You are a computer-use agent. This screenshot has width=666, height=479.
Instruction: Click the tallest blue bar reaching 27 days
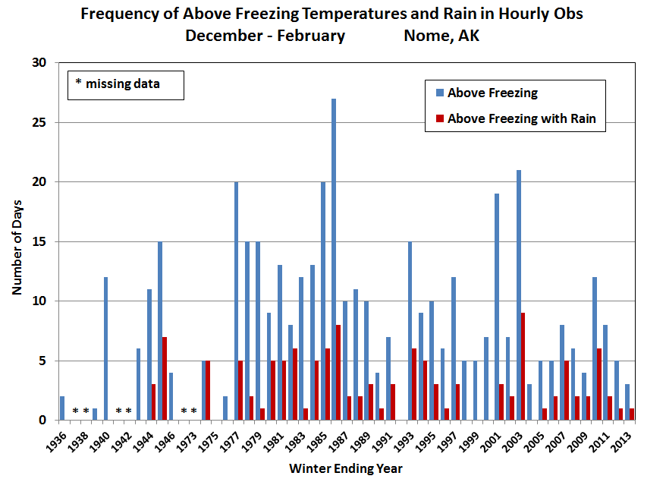(x=334, y=259)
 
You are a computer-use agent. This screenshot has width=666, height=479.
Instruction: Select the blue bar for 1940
(x=106, y=348)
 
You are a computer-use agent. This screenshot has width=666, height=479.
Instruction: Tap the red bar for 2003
(x=523, y=367)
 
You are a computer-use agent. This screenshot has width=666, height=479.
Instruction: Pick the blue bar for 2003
(x=518, y=295)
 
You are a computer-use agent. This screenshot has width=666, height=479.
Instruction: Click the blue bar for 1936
(x=62, y=408)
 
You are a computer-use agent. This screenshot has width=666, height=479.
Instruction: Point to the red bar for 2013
(x=631, y=414)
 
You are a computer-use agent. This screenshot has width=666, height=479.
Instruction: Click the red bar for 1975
(x=208, y=390)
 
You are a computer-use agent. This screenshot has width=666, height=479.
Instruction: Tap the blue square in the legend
(x=439, y=93)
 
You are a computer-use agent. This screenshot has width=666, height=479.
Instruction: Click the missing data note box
(x=125, y=84)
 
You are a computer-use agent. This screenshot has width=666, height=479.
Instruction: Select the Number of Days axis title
(x=17, y=242)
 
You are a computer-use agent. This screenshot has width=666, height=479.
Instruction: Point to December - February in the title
(x=265, y=36)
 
